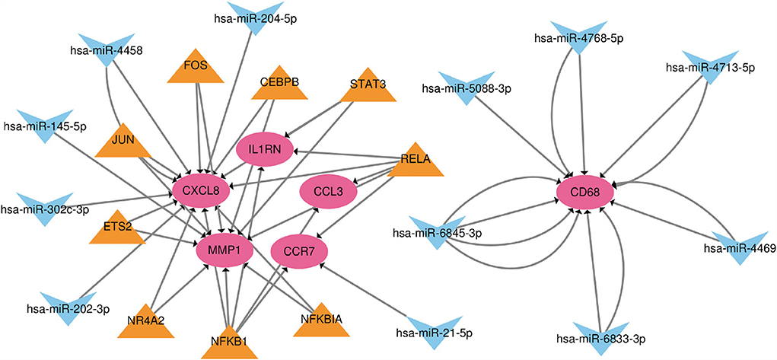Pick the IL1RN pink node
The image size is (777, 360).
click(x=263, y=150)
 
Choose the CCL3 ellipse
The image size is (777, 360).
click(x=330, y=190)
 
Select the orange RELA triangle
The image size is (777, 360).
click(x=416, y=161)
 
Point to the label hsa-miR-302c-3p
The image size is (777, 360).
click(x=45, y=208)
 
